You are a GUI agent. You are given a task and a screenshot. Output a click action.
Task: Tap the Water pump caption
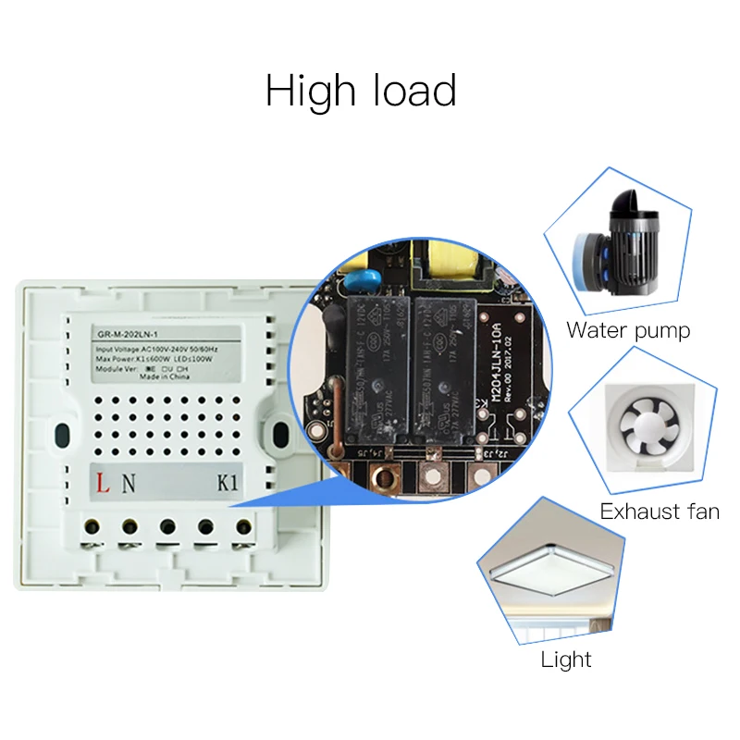628,329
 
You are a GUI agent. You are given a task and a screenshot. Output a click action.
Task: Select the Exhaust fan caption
660,512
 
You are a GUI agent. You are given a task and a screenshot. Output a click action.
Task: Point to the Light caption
566,660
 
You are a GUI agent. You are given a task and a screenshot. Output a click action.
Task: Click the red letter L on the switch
105,483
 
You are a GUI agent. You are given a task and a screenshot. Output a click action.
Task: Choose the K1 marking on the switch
228,483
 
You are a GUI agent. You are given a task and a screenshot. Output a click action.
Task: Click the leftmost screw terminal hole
92,527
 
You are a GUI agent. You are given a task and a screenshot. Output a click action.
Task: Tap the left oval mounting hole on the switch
62,434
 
